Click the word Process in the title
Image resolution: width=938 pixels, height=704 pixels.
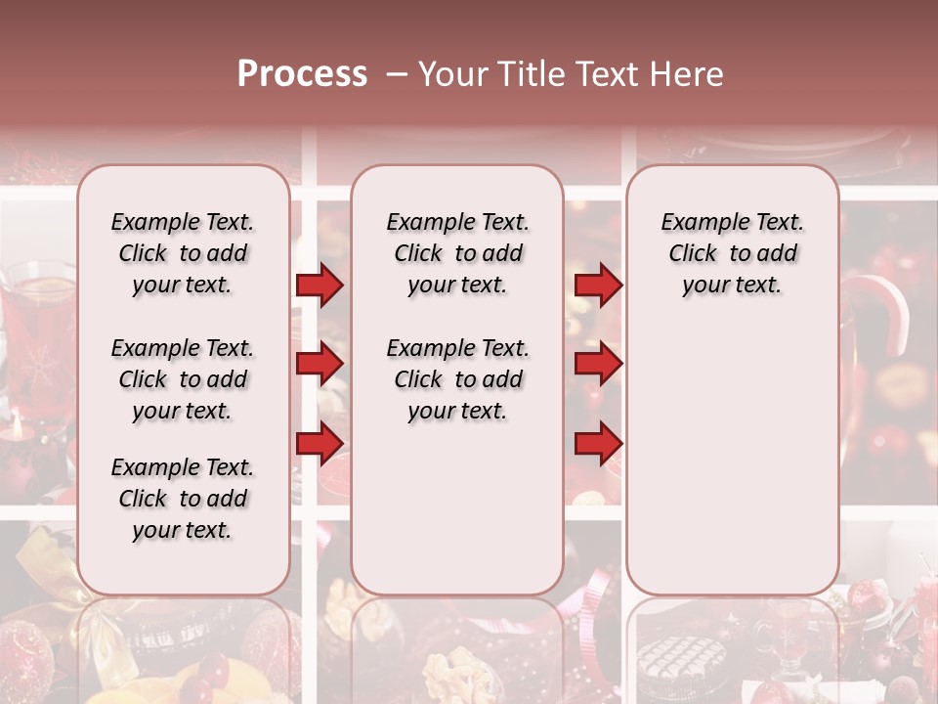point(302,74)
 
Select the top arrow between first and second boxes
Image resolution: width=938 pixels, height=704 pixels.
point(320,286)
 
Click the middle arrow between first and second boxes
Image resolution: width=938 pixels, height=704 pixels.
point(320,364)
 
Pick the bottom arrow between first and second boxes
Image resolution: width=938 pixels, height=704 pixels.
point(320,443)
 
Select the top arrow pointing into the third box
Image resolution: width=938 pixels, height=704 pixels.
point(598,286)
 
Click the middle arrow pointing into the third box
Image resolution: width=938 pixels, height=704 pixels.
point(598,364)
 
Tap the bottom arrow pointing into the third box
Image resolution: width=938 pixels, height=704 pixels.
point(598,443)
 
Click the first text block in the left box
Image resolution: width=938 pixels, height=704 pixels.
point(183,253)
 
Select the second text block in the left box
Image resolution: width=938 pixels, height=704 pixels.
point(183,379)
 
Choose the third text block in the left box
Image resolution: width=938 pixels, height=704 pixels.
point(183,499)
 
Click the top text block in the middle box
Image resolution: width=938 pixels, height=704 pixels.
point(457,253)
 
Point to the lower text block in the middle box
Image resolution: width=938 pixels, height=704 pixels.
point(457,379)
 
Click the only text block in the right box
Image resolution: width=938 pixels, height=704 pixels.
point(732,253)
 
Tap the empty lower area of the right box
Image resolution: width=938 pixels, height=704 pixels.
point(732,450)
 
